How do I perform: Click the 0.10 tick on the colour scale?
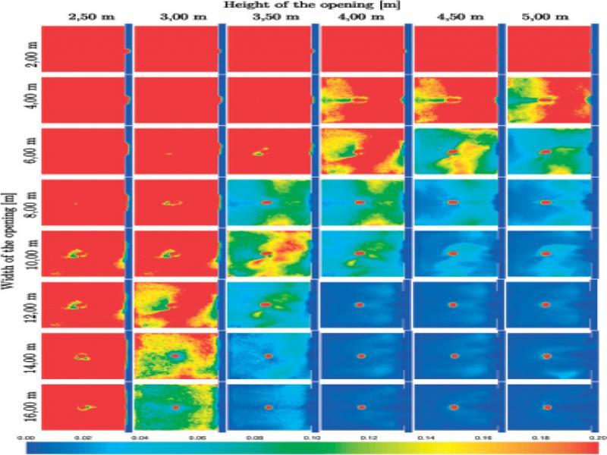(x=311, y=438)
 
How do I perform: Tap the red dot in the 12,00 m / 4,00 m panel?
(x=360, y=304)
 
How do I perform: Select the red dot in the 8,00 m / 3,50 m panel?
(x=266, y=202)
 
